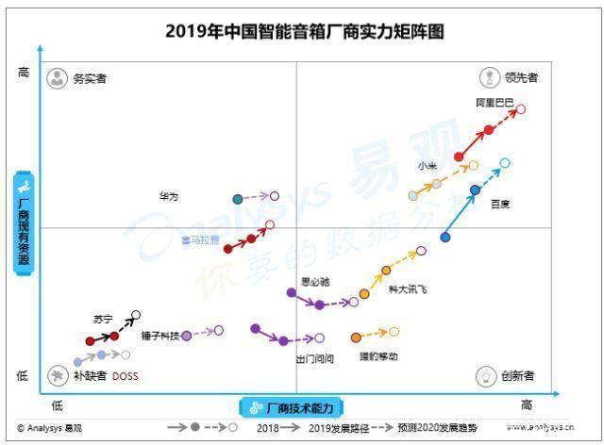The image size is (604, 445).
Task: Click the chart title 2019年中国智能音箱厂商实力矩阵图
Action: coord(304,31)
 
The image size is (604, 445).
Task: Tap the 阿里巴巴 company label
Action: coord(495,102)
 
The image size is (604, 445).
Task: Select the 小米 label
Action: coord(427,166)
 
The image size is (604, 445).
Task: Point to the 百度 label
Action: coord(500,204)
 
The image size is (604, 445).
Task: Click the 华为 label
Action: coord(168,196)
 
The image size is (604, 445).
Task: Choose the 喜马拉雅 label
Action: coord(200,240)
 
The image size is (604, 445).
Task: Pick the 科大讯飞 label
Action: coord(408,289)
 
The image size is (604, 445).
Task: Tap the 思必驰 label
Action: coord(314,281)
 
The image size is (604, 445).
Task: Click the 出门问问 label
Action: coord(314,358)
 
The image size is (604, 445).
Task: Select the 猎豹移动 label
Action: coord(377,356)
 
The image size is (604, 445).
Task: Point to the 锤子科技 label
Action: coord(159,335)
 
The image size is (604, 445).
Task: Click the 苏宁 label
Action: coord(103,319)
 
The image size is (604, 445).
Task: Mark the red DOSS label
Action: coord(126,375)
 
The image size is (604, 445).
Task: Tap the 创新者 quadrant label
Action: coord(517,376)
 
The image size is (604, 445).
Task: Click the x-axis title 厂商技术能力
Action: coord(299,408)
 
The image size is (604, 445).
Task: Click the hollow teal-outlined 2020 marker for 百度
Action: coord(505,163)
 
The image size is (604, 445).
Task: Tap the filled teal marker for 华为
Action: coord(238,198)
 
